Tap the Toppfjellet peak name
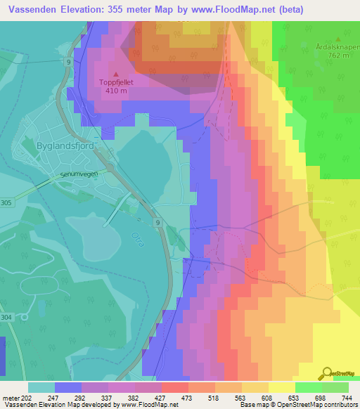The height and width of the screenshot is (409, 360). tap(116, 82)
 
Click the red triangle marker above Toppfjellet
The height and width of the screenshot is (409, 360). tap(116, 73)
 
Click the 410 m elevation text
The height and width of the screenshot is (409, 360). tap(116, 90)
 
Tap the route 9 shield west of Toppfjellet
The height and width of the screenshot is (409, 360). tap(67, 63)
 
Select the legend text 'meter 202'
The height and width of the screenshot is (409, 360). tap(15, 397)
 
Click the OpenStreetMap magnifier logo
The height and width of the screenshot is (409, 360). tap(327, 374)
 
